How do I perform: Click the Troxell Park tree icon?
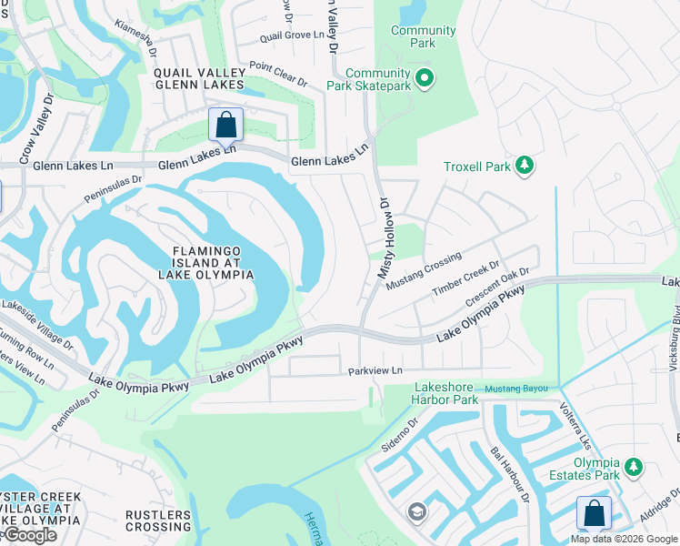(x=524, y=165)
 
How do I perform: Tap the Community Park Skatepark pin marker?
(x=425, y=78)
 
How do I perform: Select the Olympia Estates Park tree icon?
(x=634, y=468)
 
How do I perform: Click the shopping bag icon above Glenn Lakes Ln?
(x=225, y=125)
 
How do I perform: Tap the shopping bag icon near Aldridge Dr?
(x=593, y=513)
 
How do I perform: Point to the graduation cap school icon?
(x=416, y=511)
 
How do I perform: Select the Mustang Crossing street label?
(x=424, y=270)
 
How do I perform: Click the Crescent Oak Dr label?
(x=497, y=288)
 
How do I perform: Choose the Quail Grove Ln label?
(x=291, y=35)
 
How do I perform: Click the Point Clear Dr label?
(x=277, y=74)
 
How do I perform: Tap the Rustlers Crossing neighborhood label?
(x=158, y=521)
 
